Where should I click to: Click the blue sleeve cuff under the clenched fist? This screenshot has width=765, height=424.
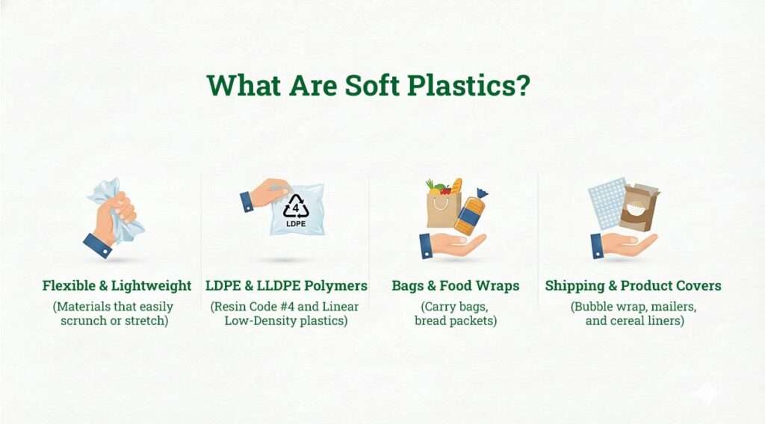click(x=98, y=246)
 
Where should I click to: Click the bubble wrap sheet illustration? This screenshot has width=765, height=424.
click(x=606, y=202)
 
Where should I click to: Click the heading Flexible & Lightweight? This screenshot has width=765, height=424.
click(x=117, y=286)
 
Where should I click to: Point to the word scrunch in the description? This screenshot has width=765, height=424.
click(x=84, y=321)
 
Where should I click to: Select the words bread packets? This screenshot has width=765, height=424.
click(x=456, y=321)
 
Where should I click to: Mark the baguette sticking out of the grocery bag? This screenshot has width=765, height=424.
click(x=456, y=186)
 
